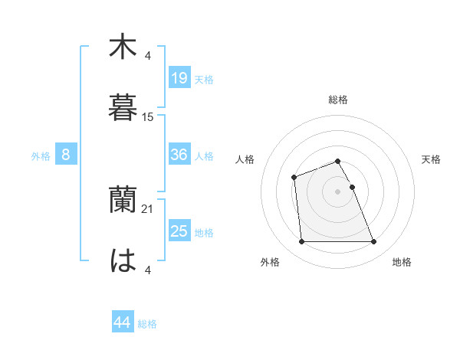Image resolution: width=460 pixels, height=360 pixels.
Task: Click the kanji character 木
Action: pos(123,47)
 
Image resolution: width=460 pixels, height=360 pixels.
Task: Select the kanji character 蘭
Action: pos(123,201)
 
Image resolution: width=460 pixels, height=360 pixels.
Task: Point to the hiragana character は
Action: pos(123,260)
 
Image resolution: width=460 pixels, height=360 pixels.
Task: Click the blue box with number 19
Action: pos(179,78)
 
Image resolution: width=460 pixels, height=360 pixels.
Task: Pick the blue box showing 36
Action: pos(179,155)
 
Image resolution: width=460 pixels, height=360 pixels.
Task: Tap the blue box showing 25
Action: pos(179,231)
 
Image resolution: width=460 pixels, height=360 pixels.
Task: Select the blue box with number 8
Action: pos(66,155)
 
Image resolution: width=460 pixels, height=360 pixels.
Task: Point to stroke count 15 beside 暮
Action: pos(148,117)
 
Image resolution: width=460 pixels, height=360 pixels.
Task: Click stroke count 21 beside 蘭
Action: pos(148,209)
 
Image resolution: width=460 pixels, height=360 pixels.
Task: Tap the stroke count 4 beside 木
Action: pos(148,55)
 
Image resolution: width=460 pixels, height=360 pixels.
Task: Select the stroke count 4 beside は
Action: pos(148,269)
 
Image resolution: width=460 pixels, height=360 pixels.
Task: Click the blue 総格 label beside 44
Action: pos(147,324)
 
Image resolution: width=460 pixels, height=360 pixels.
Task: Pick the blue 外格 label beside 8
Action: pos(41,156)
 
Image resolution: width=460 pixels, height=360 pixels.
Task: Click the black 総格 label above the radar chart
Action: pos(338,100)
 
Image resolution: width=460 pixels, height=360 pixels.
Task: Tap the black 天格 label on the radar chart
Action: pos(432,159)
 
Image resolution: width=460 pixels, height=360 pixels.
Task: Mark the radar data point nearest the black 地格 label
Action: pos(373,242)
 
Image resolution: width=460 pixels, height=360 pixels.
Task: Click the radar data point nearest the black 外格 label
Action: pos(302,242)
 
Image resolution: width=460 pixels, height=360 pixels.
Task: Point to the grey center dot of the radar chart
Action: pos(338,191)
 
